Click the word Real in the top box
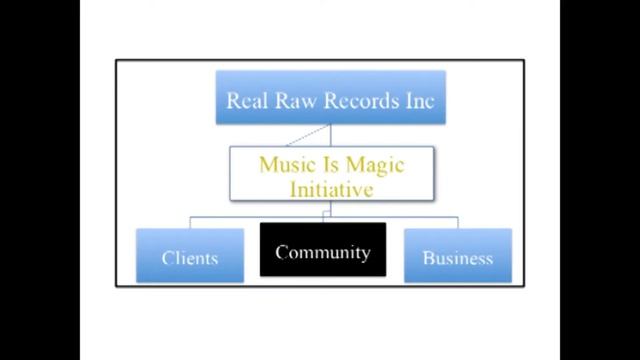tap(245, 100)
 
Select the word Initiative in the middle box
tap(331, 187)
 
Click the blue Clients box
tap(190, 256)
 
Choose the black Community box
tap(323, 250)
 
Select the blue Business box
tap(457, 256)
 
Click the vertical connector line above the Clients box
tap(190, 222)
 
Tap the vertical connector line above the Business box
tap(458, 222)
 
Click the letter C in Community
tap(281, 253)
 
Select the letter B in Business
tap(428, 258)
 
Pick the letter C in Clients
tap(167, 258)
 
